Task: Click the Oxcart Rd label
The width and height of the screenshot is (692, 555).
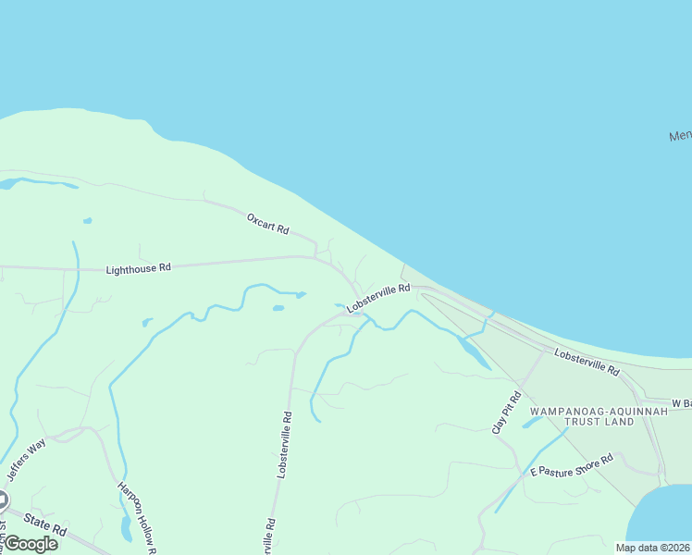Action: [x=268, y=223]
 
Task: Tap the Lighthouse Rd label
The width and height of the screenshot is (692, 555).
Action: [x=139, y=268]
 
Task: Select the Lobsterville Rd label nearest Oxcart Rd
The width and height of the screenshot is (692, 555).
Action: [x=378, y=298]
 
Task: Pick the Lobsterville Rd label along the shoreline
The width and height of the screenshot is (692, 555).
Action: [x=587, y=361]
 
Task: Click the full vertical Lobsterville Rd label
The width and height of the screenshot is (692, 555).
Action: [x=284, y=444]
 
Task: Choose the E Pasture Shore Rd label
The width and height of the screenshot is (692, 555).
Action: [x=572, y=465]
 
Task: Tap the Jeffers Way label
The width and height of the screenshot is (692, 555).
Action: [x=27, y=459]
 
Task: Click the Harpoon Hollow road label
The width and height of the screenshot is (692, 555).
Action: [x=136, y=518]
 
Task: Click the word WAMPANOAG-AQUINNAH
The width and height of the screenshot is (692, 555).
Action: [x=582, y=410]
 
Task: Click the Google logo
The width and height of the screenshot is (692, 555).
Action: [x=31, y=544]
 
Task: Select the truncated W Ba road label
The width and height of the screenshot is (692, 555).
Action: [x=682, y=403]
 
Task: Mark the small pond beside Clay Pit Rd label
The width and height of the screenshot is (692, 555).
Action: [x=531, y=423]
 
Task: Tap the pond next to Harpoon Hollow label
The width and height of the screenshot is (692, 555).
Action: [x=126, y=529]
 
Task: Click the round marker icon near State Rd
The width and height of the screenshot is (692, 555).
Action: [x=2, y=501]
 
